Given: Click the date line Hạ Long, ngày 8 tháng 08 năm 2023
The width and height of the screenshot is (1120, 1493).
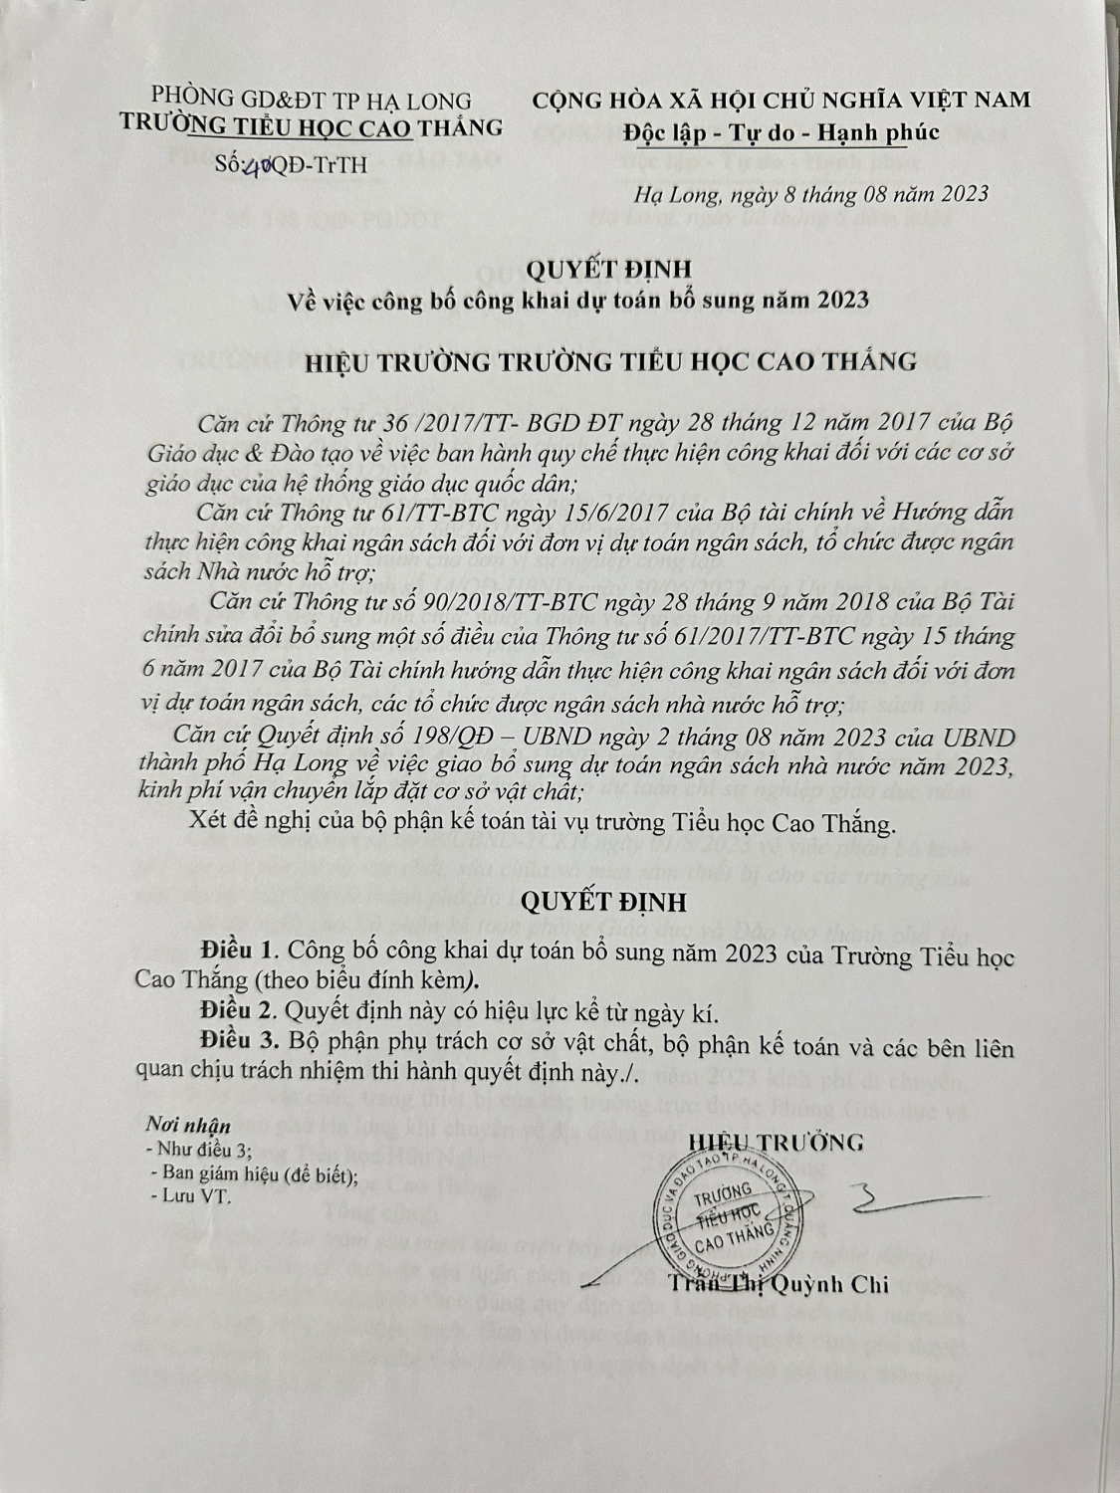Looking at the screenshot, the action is (810, 194).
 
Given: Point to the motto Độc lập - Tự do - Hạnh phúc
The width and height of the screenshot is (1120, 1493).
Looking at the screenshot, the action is (781, 131).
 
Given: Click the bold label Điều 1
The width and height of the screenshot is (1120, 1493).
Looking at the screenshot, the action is (234, 946).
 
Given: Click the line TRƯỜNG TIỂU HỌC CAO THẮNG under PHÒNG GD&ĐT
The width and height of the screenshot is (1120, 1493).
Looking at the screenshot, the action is (311, 126).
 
